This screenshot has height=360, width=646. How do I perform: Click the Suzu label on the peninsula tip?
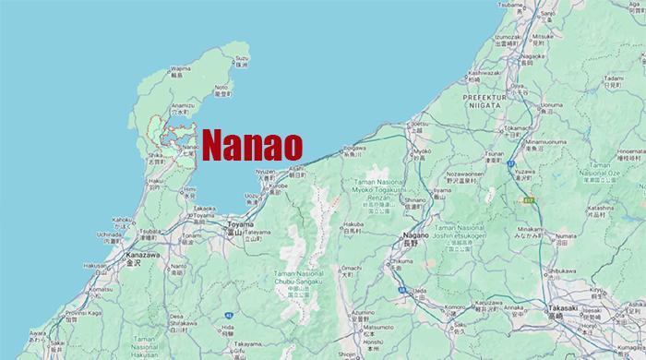click(242, 57)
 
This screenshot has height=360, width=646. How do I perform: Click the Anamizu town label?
click(182, 105)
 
